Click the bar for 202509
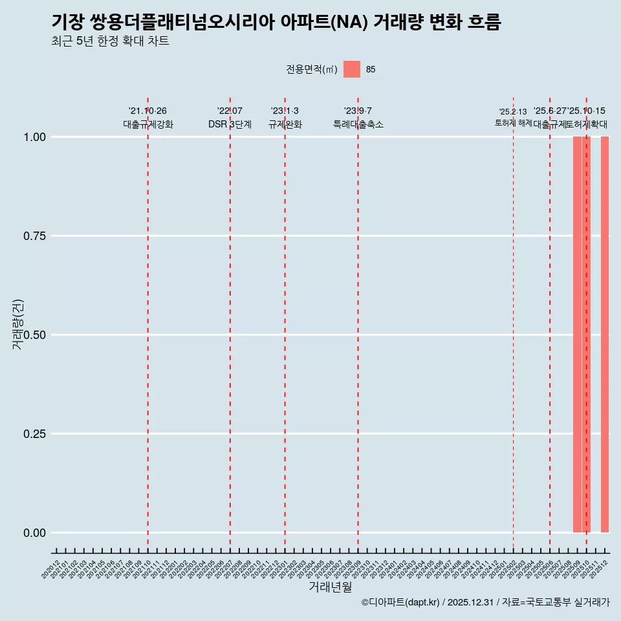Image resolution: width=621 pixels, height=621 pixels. pyautogui.click(x=577, y=334)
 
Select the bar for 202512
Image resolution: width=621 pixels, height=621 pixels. pyautogui.click(x=605, y=334)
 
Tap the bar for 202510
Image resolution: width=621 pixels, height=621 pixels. pyautogui.click(x=586, y=334)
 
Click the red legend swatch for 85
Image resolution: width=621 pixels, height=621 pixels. pyautogui.click(x=352, y=69)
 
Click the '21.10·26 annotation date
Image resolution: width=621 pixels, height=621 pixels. pyautogui.click(x=147, y=111)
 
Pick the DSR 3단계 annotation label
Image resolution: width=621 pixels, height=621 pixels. pyautogui.click(x=230, y=124)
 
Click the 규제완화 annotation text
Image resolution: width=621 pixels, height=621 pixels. pyautogui.click(x=285, y=124)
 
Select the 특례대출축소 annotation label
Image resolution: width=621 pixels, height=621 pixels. pyautogui.click(x=358, y=124)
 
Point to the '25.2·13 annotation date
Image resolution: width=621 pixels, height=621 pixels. pyautogui.click(x=513, y=112)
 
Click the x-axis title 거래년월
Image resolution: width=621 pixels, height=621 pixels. pyautogui.click(x=331, y=587)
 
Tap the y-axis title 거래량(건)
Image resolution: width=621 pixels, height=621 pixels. pyautogui.click(x=18, y=324)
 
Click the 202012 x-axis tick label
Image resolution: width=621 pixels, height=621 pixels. pyautogui.click(x=52, y=569)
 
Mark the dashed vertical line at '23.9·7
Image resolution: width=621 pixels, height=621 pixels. pyautogui.click(x=358, y=323)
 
